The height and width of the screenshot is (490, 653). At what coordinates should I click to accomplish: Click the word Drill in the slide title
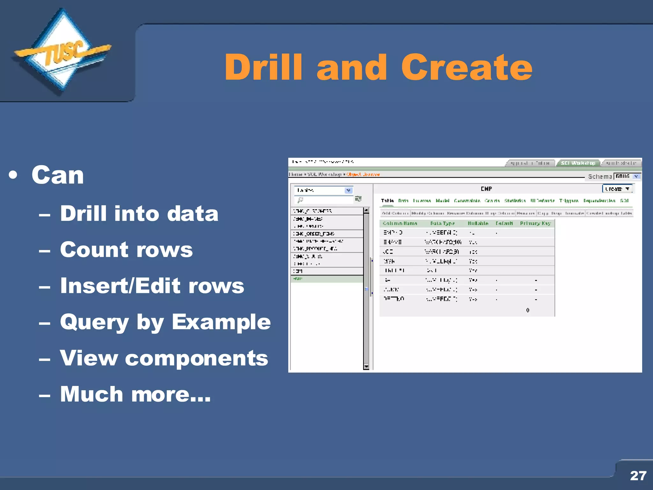tap(263, 67)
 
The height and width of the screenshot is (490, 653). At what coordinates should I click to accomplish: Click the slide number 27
tap(638, 476)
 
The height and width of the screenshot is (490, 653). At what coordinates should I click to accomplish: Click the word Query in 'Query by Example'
tap(94, 322)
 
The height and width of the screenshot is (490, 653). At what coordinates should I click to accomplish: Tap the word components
tap(196, 358)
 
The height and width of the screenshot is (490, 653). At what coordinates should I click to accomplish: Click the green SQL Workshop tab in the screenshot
tap(578, 163)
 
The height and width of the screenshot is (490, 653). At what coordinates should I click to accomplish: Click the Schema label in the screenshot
tap(599, 176)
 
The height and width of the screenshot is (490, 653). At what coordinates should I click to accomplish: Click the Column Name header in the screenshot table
tap(400, 223)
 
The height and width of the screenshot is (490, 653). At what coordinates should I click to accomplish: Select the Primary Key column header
tap(535, 223)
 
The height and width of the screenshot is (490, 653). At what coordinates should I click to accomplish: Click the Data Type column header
tap(442, 223)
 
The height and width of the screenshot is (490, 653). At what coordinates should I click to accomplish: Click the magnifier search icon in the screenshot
tap(300, 200)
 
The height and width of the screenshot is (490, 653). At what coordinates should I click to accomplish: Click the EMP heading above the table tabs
tap(486, 189)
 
